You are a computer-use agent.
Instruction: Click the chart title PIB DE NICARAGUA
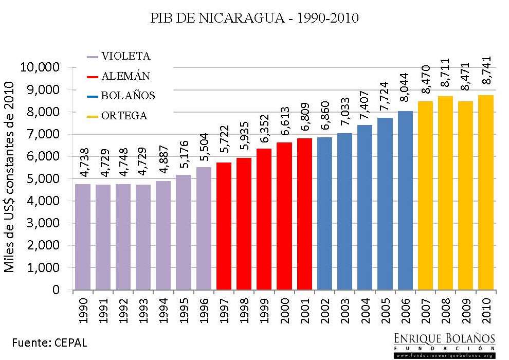tap(254, 19)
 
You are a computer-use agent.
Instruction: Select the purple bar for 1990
tap(83, 237)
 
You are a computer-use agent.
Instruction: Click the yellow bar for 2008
tap(445, 193)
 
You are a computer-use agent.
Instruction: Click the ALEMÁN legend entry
tap(120, 76)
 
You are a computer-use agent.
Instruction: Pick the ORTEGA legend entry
tap(118, 116)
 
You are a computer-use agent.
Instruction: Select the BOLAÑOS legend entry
tap(122, 96)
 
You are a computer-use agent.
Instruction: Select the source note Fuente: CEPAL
tap(50, 342)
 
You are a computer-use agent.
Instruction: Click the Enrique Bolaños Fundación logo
tap(444, 345)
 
